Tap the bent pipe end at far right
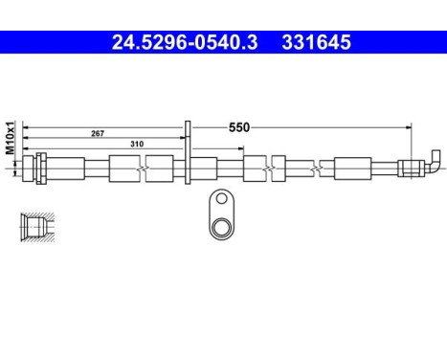pos(435,159)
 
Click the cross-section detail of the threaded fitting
pos(33,226)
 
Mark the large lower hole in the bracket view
pos(223,227)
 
